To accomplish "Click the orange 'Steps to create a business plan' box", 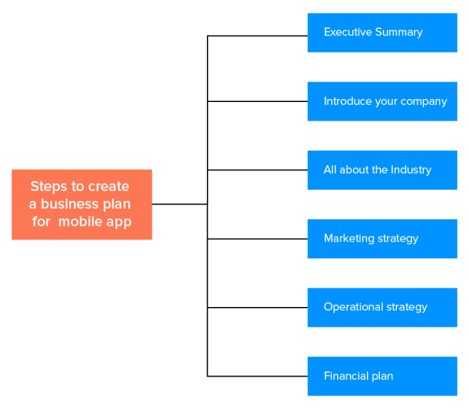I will (82, 204).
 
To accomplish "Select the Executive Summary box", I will (382, 32).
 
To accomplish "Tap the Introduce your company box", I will (382, 101).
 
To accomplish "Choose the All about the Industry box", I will (382, 170).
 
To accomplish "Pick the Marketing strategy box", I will (382, 239).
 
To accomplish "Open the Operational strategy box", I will (382, 307).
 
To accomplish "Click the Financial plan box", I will (382, 376).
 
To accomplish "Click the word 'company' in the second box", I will (424, 102).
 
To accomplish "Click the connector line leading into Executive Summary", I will (257, 36).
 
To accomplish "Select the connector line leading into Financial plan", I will (257, 376).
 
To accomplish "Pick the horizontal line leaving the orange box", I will (180, 204).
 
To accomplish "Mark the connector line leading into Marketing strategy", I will (257, 239).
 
